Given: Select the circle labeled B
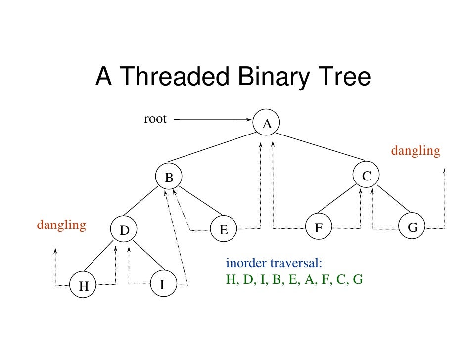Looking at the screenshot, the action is pos(169,177).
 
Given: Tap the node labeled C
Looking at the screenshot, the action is pos(367,175).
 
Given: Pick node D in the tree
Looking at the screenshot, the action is pos(124,230).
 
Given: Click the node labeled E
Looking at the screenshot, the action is pos(224,229).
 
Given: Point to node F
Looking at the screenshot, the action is pos(319,228).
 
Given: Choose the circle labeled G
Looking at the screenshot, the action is pos(413,227).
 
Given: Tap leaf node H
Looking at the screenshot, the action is pos(83,286).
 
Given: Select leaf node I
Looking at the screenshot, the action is pos(162,284).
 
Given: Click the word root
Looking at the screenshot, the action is pos(155,119).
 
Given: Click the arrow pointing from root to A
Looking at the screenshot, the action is pos(213,119).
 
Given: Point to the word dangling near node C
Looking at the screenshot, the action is pos(416,151).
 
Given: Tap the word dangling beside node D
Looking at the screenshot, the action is pos(61,225).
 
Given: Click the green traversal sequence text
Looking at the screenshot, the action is pos(294,279).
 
